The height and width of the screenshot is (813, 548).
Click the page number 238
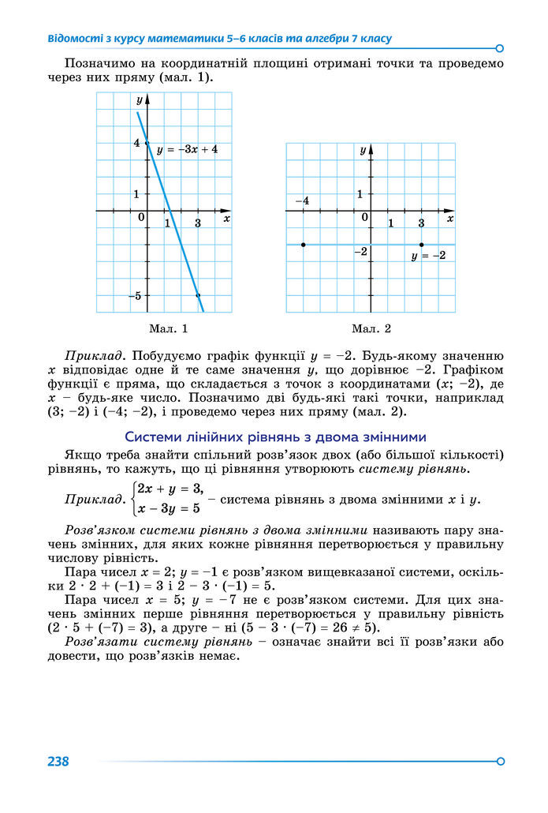pos(58,762)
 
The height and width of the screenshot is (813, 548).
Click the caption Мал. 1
pos(168,328)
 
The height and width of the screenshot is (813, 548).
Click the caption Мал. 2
pos(371,328)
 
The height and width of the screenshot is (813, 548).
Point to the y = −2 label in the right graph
pos(429,256)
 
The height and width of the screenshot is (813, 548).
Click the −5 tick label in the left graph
pos(136,295)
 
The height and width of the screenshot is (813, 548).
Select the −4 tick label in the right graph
pos(302,201)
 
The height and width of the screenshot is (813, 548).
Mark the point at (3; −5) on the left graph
pos(198,295)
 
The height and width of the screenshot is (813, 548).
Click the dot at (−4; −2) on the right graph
pos(303,245)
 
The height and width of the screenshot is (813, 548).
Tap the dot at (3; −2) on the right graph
pos(422,245)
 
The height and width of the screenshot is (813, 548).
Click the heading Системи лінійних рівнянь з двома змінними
pos(276,436)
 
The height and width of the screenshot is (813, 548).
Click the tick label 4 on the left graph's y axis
pos(136,143)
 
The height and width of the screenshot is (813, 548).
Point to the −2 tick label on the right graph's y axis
pos(361,252)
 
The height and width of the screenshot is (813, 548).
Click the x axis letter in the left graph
pos(226,218)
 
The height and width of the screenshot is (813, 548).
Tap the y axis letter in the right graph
pos(363,149)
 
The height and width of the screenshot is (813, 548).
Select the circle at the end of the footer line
pos(501,761)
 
